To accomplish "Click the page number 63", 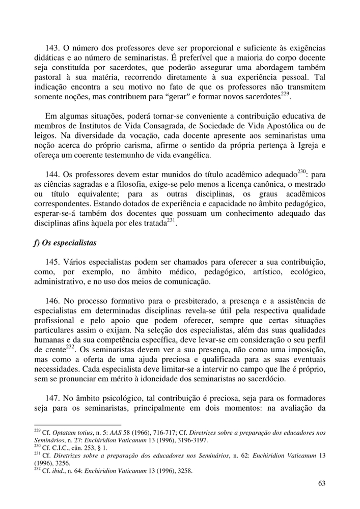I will point(320,483).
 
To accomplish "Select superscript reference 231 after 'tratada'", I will point(172,220).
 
